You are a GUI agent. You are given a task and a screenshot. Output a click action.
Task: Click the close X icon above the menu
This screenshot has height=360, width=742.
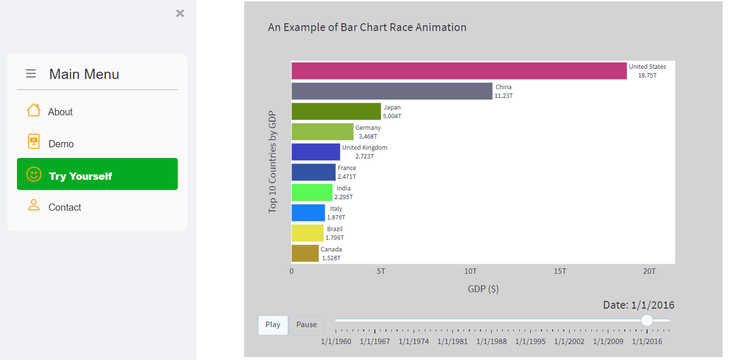(x=180, y=13)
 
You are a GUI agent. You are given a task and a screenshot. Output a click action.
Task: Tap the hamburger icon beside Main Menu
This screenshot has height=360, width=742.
(x=31, y=74)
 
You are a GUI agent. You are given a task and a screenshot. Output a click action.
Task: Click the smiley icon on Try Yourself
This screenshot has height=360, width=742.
(x=34, y=174)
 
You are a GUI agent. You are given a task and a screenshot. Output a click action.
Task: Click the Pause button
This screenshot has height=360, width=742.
(x=307, y=325)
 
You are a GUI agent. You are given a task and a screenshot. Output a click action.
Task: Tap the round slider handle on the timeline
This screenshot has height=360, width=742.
(x=647, y=321)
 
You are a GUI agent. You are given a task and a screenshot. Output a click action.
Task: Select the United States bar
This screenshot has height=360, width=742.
(x=459, y=71)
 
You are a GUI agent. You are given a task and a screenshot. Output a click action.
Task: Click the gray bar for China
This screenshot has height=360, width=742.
(x=392, y=91)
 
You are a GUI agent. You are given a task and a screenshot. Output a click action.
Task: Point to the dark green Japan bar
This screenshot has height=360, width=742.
(x=336, y=111)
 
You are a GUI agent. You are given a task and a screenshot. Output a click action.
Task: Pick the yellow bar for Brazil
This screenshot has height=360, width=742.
(x=308, y=233)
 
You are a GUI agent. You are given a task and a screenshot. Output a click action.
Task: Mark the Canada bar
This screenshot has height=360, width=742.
(x=305, y=253)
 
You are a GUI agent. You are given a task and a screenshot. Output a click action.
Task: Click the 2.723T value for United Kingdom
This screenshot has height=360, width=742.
(x=365, y=156)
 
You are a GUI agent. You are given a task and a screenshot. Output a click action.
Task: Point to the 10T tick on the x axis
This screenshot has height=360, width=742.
(x=470, y=271)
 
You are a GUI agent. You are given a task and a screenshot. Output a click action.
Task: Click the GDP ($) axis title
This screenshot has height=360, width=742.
(x=483, y=289)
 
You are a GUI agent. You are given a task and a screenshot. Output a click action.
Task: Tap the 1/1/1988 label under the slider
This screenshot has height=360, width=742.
(x=491, y=342)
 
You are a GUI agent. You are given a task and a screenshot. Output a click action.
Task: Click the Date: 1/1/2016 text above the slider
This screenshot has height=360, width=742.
(x=639, y=305)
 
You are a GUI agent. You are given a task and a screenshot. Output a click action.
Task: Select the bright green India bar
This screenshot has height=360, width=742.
(x=312, y=192)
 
